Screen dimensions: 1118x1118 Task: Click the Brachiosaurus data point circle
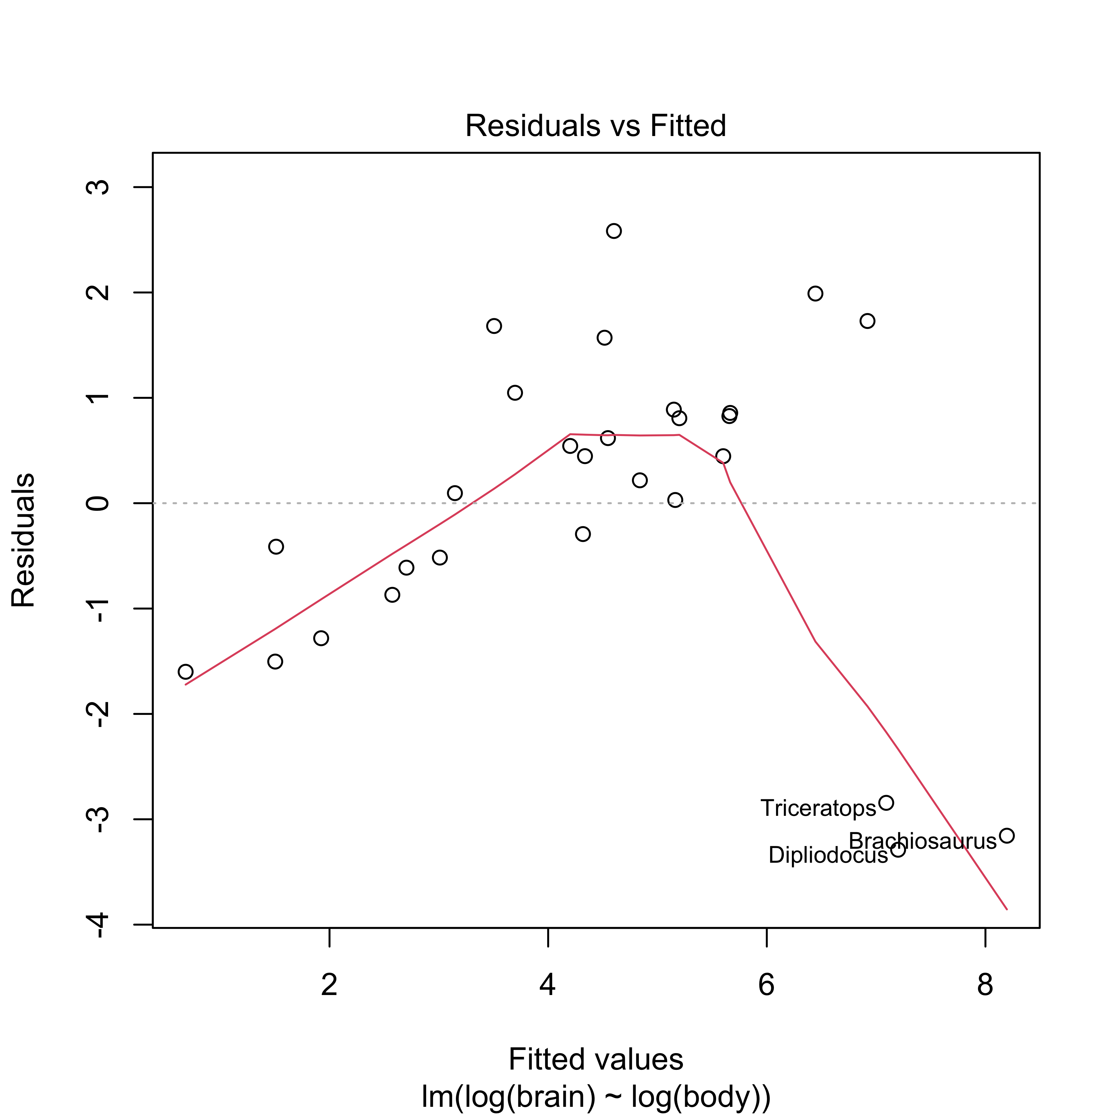1007,836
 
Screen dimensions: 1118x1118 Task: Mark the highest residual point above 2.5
614,231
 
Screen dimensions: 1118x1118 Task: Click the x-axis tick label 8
985,984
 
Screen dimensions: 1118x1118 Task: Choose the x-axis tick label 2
329,984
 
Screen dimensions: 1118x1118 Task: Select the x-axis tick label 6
766,984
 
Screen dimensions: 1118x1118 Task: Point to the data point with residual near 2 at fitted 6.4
815,293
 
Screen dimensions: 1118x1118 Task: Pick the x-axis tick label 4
548,984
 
